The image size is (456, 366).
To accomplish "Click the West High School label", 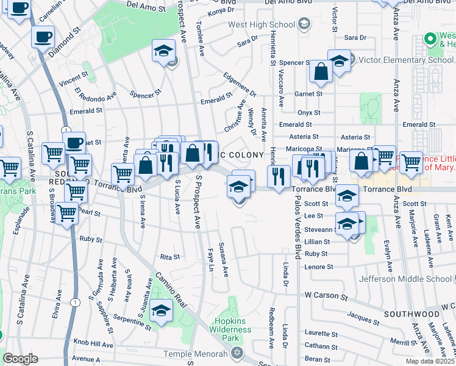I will [262, 25].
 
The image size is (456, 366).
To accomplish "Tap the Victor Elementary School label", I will [405, 60].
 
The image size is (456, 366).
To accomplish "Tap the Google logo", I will [20, 359].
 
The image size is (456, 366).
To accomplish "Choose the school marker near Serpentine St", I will [162, 312].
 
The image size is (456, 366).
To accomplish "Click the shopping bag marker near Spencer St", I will [320, 73].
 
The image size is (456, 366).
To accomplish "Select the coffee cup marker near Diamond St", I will [43, 37].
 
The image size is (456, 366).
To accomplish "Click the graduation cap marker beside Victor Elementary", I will [339, 61].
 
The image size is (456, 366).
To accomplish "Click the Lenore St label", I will [319, 267].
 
